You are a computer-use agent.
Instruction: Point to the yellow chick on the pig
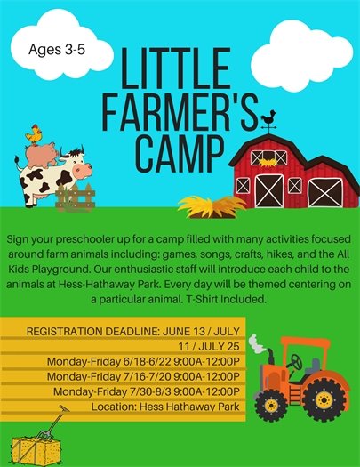tap(35, 135)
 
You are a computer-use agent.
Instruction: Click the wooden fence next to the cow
tap(75, 197)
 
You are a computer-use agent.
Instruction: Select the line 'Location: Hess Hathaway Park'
tap(167, 407)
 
